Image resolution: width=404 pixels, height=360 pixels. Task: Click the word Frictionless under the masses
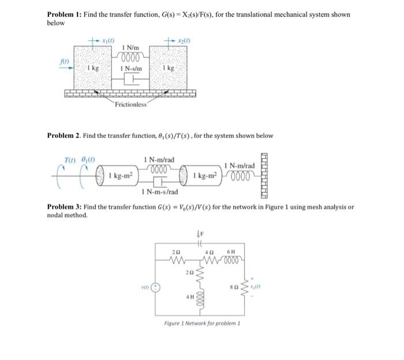click(x=130, y=104)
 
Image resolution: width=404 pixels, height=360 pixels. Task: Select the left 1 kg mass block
click(x=92, y=68)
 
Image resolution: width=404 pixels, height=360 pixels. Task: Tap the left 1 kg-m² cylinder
click(x=124, y=174)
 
